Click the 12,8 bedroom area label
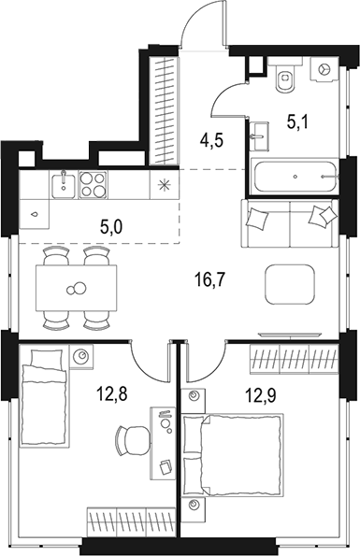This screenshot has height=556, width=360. coord(111,392)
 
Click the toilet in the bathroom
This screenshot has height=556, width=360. coord(286,78)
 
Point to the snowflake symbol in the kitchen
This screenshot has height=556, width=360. coord(166,183)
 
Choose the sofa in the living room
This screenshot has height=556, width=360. coord(290,222)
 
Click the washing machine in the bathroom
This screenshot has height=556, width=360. coord(324,70)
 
